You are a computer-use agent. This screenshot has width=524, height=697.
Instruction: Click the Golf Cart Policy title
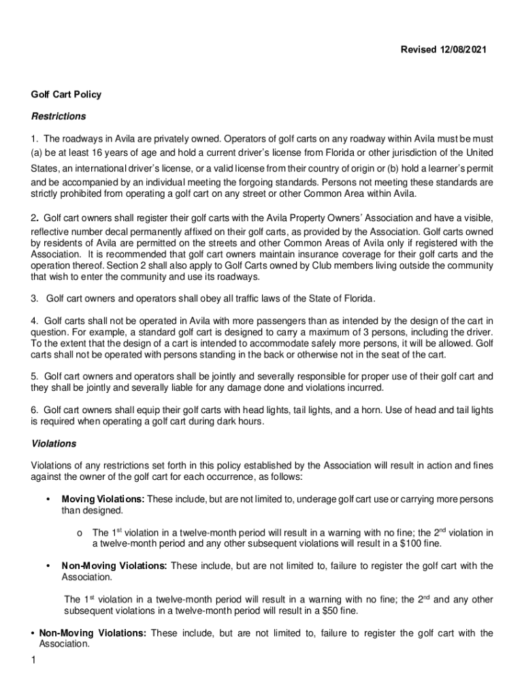click(x=66, y=95)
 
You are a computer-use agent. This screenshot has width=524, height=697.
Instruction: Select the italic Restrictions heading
click(x=58, y=116)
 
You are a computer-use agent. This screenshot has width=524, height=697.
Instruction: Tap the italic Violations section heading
click(x=54, y=443)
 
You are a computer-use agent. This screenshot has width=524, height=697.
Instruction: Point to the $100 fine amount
click(x=408, y=544)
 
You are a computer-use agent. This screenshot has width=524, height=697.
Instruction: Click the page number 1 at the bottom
click(x=33, y=660)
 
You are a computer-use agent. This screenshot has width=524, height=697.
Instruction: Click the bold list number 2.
click(x=34, y=218)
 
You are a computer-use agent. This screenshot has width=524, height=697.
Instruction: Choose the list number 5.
click(x=34, y=376)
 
